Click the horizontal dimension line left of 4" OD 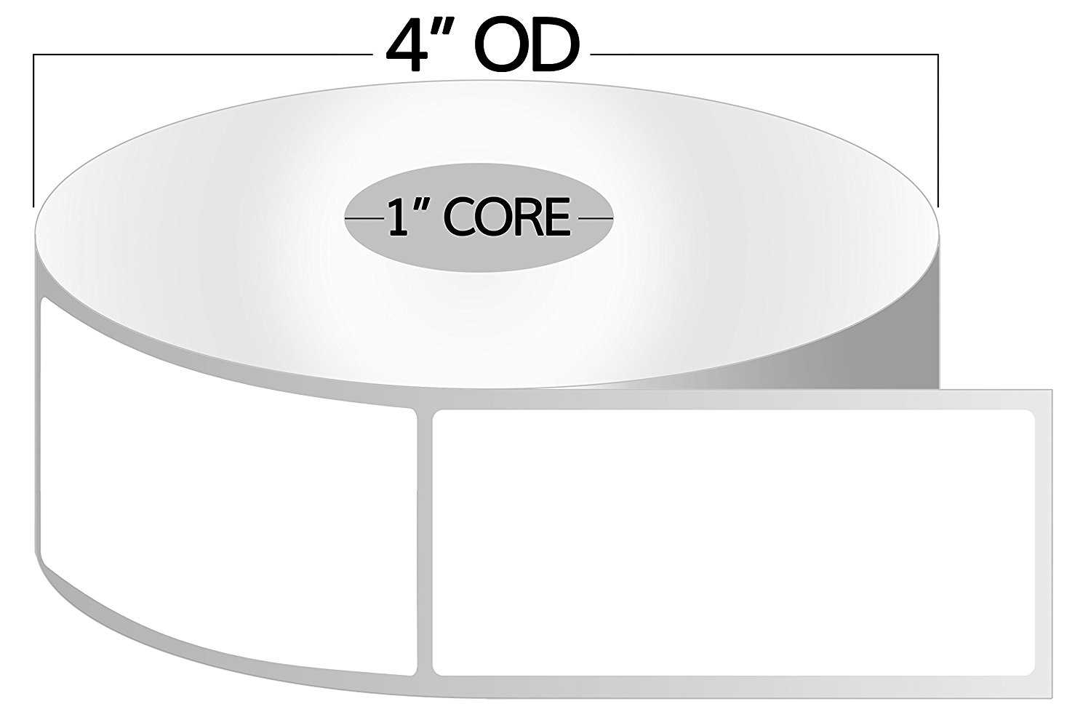[x=196, y=55]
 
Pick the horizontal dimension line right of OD [x=764, y=55]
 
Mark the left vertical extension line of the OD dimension [x=34, y=131]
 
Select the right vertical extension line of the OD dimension [x=938, y=131]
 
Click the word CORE [x=506, y=217]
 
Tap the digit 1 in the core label [x=397, y=217]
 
